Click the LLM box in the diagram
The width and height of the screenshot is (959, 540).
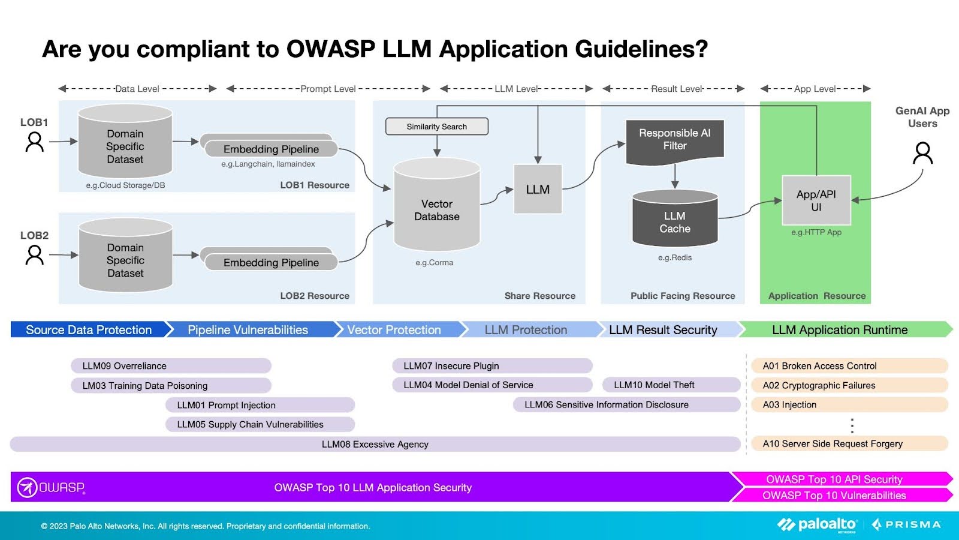(538, 189)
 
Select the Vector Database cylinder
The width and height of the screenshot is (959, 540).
(436, 207)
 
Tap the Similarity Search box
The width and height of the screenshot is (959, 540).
(436, 127)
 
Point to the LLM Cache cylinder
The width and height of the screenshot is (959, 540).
(675, 220)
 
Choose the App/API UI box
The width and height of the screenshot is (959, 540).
(816, 200)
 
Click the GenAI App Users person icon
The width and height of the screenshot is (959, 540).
(922, 153)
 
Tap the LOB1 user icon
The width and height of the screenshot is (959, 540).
(35, 142)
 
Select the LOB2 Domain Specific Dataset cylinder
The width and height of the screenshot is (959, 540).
(125, 258)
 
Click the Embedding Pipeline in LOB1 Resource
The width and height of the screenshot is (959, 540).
(271, 149)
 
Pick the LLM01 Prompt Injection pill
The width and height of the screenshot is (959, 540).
(260, 405)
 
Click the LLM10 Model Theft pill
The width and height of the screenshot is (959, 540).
(671, 385)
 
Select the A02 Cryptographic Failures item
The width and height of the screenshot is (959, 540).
(849, 385)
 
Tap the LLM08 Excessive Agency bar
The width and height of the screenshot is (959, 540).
(375, 444)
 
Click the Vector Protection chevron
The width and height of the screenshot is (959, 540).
(399, 329)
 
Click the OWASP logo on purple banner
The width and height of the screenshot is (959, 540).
(51, 487)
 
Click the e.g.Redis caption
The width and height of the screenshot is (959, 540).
(674, 257)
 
